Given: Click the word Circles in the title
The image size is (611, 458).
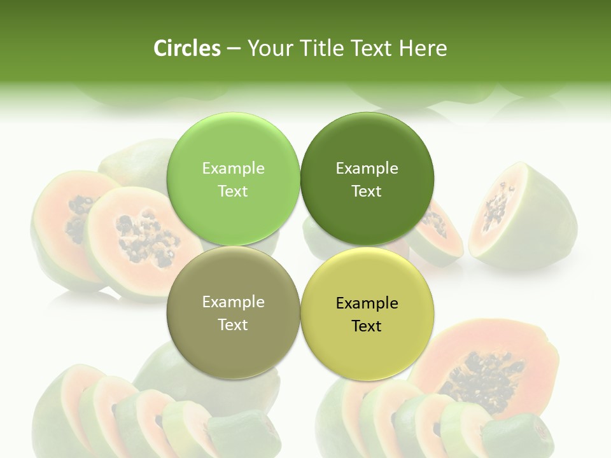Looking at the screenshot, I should click(x=186, y=48).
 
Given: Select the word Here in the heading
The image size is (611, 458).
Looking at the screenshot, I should click(x=423, y=48).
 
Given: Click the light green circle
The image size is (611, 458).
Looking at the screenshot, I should click(x=233, y=146).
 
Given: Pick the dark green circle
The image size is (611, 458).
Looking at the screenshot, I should click(x=367, y=146).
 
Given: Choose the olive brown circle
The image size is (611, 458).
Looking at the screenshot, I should click(x=233, y=343).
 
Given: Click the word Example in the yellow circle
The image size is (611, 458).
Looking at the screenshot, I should click(x=367, y=303).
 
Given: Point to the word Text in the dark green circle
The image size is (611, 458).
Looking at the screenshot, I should click(x=367, y=191).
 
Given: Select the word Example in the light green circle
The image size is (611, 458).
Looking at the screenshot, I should click(x=233, y=169).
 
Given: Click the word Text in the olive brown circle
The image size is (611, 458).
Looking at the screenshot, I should click(x=233, y=324).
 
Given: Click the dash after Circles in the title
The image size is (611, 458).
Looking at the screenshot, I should click(x=233, y=48).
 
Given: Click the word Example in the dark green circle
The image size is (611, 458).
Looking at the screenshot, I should click(x=367, y=169).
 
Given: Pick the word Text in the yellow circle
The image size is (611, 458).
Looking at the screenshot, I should click(x=367, y=326).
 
